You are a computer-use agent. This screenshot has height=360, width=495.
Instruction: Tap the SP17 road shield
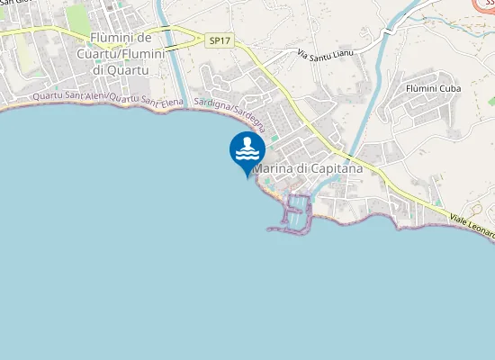[219, 40]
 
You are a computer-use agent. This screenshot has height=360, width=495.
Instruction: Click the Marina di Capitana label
[308, 168]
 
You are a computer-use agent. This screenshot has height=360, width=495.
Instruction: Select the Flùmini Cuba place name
[433, 89]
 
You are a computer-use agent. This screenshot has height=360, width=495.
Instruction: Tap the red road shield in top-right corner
[486, 4]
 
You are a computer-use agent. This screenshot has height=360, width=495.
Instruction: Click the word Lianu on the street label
[340, 52]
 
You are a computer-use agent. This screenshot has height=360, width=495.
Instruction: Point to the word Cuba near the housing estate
[450, 89]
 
